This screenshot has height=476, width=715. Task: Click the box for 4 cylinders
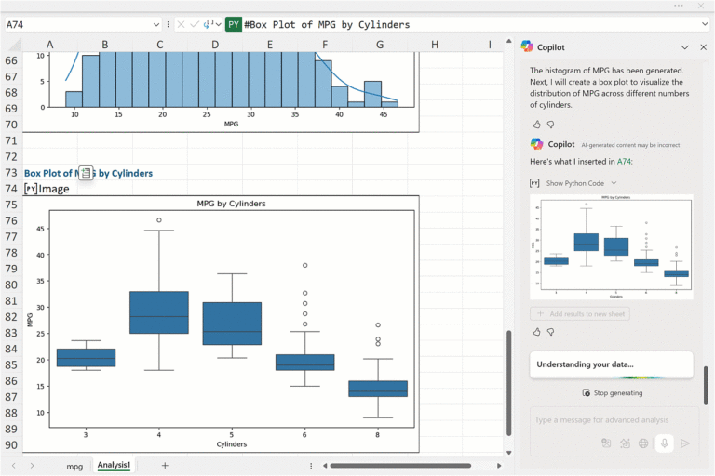pos(159,312)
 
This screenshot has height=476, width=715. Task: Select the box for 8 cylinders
pos(378,389)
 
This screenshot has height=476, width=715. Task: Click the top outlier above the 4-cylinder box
pos(159,220)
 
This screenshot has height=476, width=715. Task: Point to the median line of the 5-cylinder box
pos(232,331)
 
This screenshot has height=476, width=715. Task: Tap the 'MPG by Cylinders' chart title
pos(232,204)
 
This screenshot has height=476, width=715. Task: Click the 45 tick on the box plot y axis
pos(39,229)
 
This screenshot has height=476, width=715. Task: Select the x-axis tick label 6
pos(304,433)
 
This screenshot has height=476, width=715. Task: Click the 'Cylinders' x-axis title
pos(232,444)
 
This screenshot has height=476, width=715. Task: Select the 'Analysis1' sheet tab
pos(115,465)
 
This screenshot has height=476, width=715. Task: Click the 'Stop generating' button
pos(612,393)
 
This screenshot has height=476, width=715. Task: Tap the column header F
pos(325,45)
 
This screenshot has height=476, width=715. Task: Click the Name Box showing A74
pos(79,25)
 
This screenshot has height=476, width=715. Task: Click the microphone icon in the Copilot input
pos(664,443)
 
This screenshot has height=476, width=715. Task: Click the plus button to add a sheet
pos(165,465)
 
